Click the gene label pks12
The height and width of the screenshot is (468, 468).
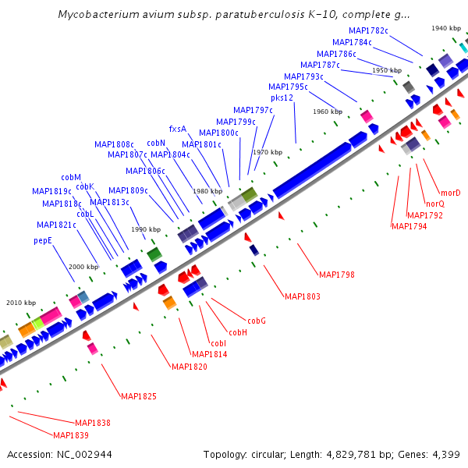click(x=282, y=97)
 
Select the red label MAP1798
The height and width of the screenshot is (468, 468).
click(x=336, y=275)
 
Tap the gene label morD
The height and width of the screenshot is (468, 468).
click(x=450, y=193)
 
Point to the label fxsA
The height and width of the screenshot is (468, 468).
click(x=178, y=129)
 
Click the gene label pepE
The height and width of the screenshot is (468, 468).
click(x=43, y=241)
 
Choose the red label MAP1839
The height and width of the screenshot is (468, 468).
click(x=71, y=434)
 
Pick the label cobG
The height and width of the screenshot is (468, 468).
click(x=257, y=321)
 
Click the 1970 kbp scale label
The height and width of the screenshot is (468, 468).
click(x=267, y=152)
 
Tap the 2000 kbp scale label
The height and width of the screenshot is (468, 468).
click(x=83, y=267)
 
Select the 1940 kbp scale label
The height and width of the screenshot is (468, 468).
click(x=445, y=28)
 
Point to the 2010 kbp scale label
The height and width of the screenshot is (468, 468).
click(x=21, y=302)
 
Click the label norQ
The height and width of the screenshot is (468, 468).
click(x=434, y=204)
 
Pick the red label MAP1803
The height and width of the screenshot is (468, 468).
click(x=303, y=296)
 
